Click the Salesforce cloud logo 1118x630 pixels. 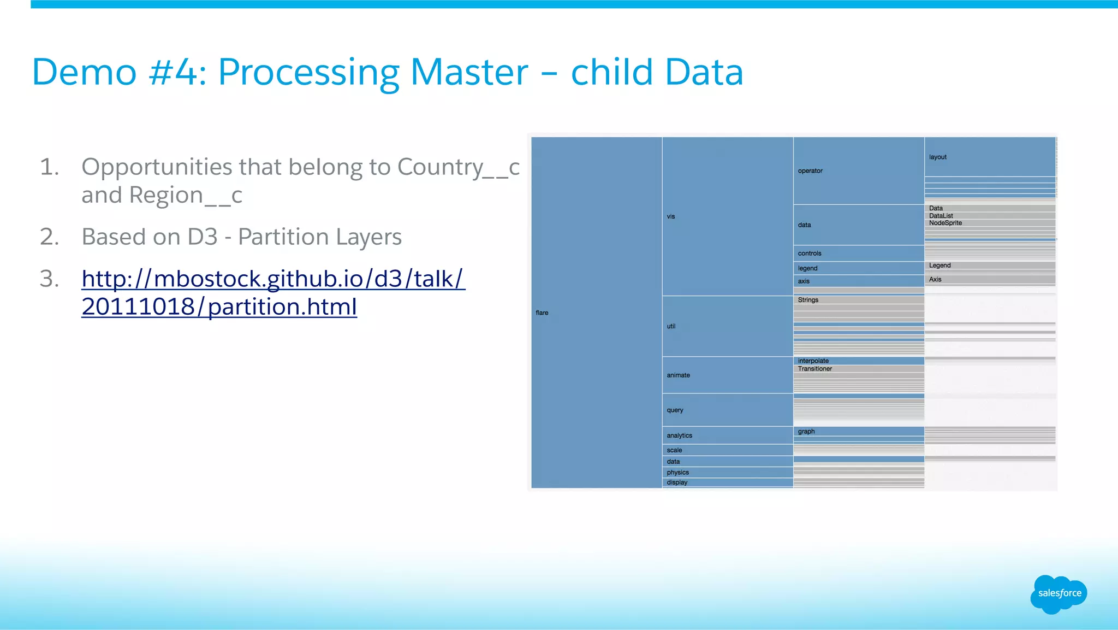click(1058, 593)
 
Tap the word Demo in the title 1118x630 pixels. click(84, 72)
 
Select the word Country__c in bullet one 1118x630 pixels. click(458, 167)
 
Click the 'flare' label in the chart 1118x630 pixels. click(542, 313)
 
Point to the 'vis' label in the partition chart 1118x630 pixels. click(670, 216)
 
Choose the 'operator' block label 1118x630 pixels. click(810, 170)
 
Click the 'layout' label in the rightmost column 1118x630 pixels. click(937, 157)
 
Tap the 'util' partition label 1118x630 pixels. click(671, 326)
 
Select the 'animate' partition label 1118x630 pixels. click(678, 375)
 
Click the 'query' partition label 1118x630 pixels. click(675, 410)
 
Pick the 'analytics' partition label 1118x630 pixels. click(679, 435)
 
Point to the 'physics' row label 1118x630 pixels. click(677, 472)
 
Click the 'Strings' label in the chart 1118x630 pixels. click(808, 300)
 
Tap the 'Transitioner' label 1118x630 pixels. click(814, 369)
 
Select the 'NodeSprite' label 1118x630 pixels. click(945, 223)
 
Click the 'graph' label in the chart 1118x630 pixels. click(806, 431)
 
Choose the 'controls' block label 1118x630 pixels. click(809, 253)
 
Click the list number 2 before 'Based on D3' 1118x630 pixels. click(49, 237)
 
